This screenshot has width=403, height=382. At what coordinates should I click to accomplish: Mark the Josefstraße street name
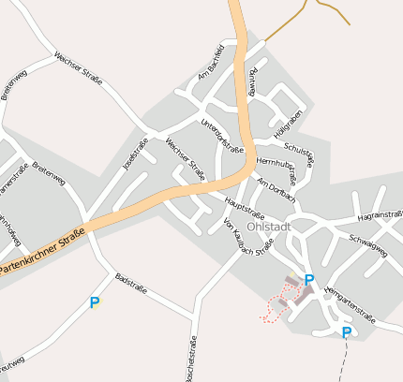pos(135,154)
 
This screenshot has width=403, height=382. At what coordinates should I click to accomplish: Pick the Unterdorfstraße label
pos(222,137)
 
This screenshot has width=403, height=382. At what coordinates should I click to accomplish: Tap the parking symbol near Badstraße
pos(94,303)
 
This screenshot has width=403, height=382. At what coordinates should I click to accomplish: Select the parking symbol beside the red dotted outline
pos(309,279)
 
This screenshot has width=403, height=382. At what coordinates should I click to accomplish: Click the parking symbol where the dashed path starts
pos(347,332)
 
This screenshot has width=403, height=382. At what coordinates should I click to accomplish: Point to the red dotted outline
pos(276,308)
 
